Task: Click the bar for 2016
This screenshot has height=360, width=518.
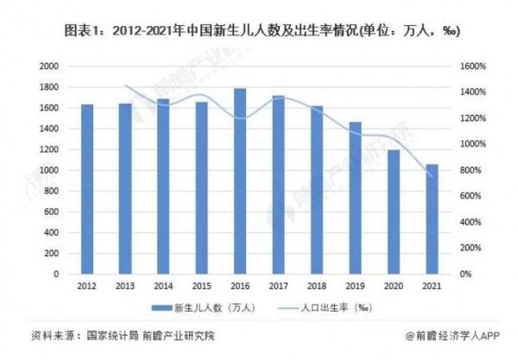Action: [240, 181]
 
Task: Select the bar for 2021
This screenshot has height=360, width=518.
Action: [432, 219]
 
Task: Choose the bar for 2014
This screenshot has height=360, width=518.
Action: [163, 186]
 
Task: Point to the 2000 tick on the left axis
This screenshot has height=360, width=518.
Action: [48, 66]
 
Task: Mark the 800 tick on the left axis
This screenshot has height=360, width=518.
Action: [52, 191]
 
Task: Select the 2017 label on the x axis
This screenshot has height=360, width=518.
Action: [278, 285]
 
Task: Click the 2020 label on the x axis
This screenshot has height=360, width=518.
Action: [393, 285]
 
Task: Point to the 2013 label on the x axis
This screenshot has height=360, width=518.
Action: [125, 285]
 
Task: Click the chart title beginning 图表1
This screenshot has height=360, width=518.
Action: [259, 29]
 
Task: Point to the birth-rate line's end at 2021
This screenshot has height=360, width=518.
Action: [432, 176]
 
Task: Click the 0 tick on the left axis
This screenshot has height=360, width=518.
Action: [56, 275]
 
